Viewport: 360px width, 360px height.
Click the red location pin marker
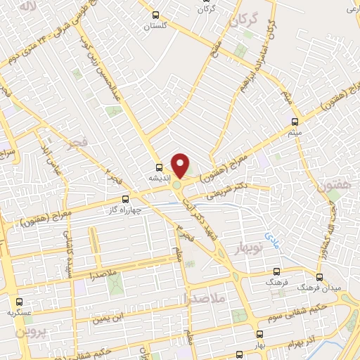[181, 165]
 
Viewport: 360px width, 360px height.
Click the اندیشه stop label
[160, 179]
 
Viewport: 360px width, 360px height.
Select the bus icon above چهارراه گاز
[126, 199]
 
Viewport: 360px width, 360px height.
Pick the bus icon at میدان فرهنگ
[321, 277]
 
